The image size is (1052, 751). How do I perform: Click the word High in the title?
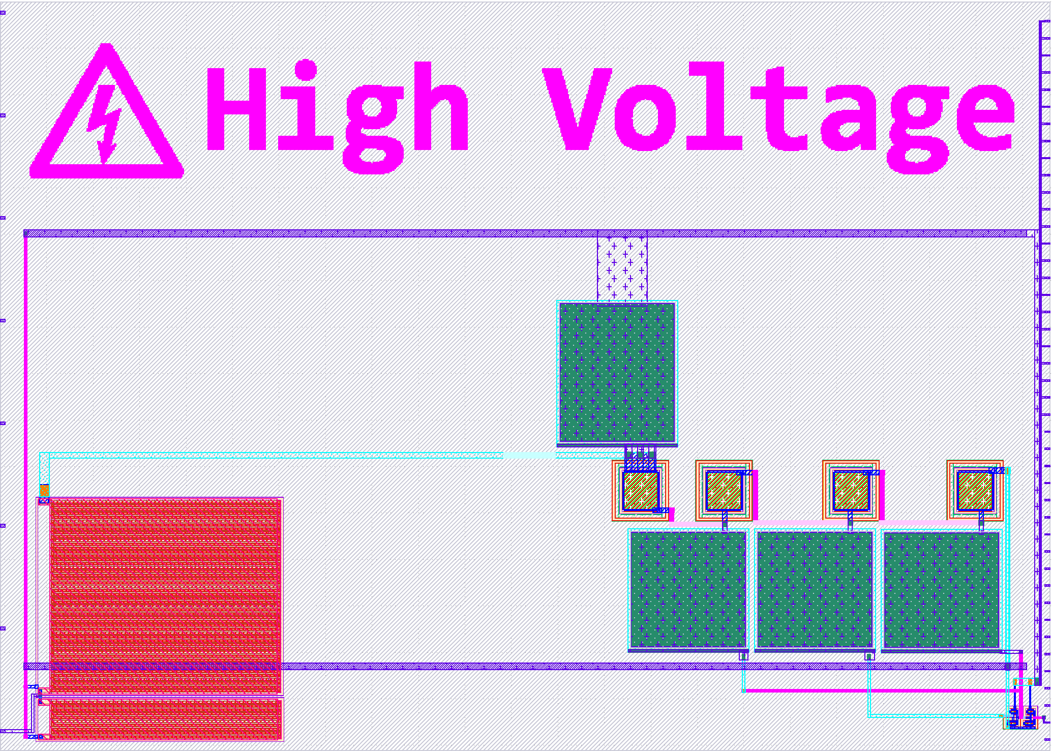336,109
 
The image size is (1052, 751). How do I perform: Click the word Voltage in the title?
778,109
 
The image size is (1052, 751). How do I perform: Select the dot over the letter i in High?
306,70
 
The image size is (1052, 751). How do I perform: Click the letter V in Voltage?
577,109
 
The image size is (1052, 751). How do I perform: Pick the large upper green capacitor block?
617,372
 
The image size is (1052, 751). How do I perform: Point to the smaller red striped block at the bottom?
165,718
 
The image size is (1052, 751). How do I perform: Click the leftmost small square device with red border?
640,491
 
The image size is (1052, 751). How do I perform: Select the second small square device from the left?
724,491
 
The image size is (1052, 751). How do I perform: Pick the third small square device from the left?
851,491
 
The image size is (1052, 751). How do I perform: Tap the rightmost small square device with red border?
975,491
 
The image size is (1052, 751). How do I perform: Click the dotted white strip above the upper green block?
622,268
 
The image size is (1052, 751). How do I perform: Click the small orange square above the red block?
44,490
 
